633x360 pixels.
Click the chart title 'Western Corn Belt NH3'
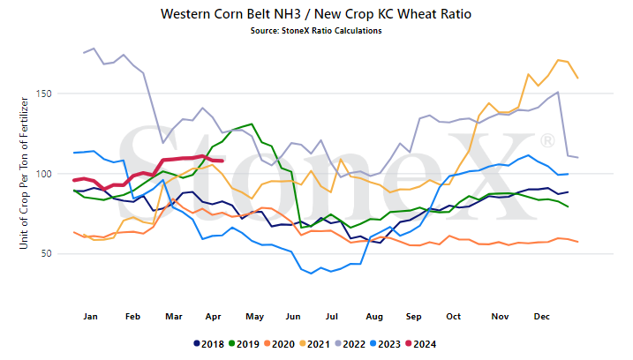[231, 14]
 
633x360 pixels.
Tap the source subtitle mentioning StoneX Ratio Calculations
[316, 31]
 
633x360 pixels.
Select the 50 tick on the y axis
[47, 253]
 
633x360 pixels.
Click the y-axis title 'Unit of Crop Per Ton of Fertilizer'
[24, 173]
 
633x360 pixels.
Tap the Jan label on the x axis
[90, 317]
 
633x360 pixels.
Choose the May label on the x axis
[255, 317]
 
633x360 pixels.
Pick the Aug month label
[374, 317]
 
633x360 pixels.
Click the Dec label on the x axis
[542, 317]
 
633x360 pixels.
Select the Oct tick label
[454, 317]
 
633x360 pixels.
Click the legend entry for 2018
[209, 344]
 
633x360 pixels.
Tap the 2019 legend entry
[245, 344]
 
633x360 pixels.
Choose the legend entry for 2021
[315, 344]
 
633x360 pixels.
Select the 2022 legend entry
[350, 344]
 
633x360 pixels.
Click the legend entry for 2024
[421, 344]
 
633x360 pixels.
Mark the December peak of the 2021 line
[558, 60]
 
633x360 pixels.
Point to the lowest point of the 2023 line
[311, 274]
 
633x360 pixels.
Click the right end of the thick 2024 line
[222, 161]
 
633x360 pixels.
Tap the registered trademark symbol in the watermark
[547, 141]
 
